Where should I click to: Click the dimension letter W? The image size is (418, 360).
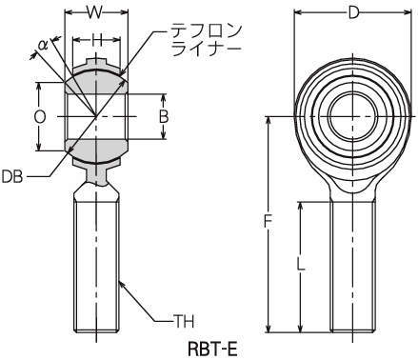[x=95, y=12]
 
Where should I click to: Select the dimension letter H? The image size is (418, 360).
[x=98, y=40]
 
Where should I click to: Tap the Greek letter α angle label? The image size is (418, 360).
[x=43, y=45]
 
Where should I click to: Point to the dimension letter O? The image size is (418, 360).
[x=40, y=117]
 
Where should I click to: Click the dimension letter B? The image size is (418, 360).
[x=164, y=117]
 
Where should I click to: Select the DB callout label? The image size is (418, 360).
[x=12, y=177]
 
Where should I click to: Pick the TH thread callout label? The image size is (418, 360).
[x=184, y=322]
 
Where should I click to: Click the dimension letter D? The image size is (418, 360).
[x=353, y=13]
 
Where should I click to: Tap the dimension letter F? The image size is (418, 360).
[x=269, y=221]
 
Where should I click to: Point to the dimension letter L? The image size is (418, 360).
[x=300, y=264]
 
